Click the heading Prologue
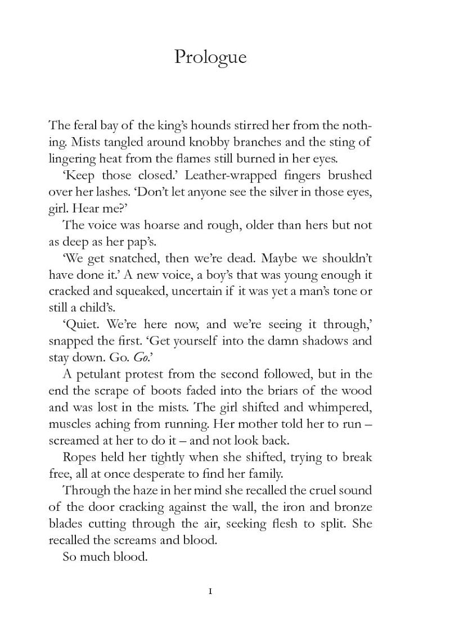tap(210, 57)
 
